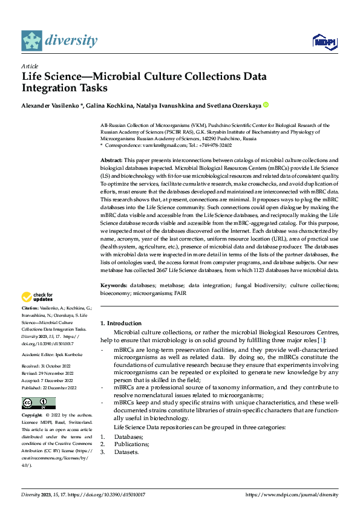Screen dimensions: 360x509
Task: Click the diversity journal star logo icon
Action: pos(32,41)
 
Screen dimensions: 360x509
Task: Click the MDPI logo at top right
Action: pos(324,41)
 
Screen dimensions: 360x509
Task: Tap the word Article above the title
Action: pos(30,66)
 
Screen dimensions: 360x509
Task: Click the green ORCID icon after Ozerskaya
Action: pos(265,105)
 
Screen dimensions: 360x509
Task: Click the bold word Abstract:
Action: pos(112,160)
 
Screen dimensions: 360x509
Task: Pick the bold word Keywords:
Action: pos(113,284)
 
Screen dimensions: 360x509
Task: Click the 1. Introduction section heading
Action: pos(121,323)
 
